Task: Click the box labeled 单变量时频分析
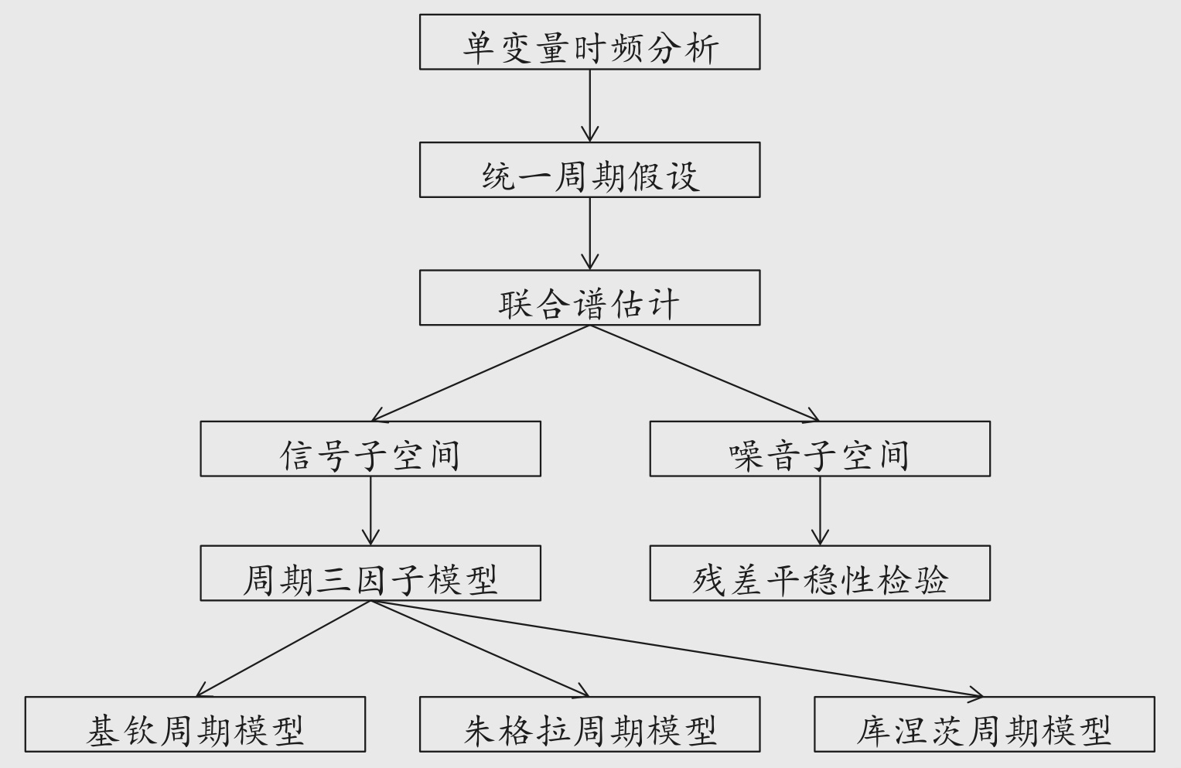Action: (589, 43)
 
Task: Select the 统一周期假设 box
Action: (589, 170)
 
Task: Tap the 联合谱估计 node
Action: (589, 298)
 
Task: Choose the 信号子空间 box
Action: (370, 449)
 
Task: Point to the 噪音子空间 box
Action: (819, 449)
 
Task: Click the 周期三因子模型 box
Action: (370, 573)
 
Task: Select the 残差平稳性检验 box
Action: (819, 573)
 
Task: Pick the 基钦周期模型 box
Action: (195, 724)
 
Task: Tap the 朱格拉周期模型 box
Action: (589, 724)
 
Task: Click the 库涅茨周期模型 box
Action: (984, 724)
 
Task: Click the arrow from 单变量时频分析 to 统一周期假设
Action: (589, 106)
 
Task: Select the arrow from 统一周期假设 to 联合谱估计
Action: (589, 234)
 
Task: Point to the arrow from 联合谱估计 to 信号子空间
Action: (480, 374)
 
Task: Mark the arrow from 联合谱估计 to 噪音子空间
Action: (705, 374)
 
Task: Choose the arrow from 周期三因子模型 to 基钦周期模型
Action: (283, 649)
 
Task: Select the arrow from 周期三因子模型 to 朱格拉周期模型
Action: (480, 649)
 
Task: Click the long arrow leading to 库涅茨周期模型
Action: (677, 649)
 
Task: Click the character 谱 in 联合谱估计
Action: (589, 303)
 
